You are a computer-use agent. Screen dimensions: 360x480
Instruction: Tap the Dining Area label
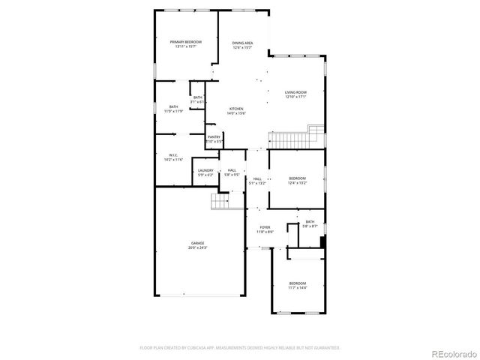(242, 43)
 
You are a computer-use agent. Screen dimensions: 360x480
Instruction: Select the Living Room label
(295, 92)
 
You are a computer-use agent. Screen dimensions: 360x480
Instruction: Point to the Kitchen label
(236, 109)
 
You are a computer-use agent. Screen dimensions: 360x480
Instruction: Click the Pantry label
(214, 136)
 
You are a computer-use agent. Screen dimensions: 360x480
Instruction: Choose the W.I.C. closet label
(173, 155)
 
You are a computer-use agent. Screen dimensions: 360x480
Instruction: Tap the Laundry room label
(205, 170)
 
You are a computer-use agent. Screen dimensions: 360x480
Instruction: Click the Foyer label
(265, 227)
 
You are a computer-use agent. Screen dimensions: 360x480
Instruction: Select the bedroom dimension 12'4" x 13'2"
(298, 182)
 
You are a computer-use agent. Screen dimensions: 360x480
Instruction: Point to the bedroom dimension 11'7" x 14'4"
(298, 288)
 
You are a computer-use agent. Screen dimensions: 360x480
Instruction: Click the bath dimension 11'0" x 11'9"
(174, 111)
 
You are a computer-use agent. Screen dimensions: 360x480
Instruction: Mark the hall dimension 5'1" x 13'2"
(257, 182)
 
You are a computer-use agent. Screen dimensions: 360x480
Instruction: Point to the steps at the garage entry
(220, 202)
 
